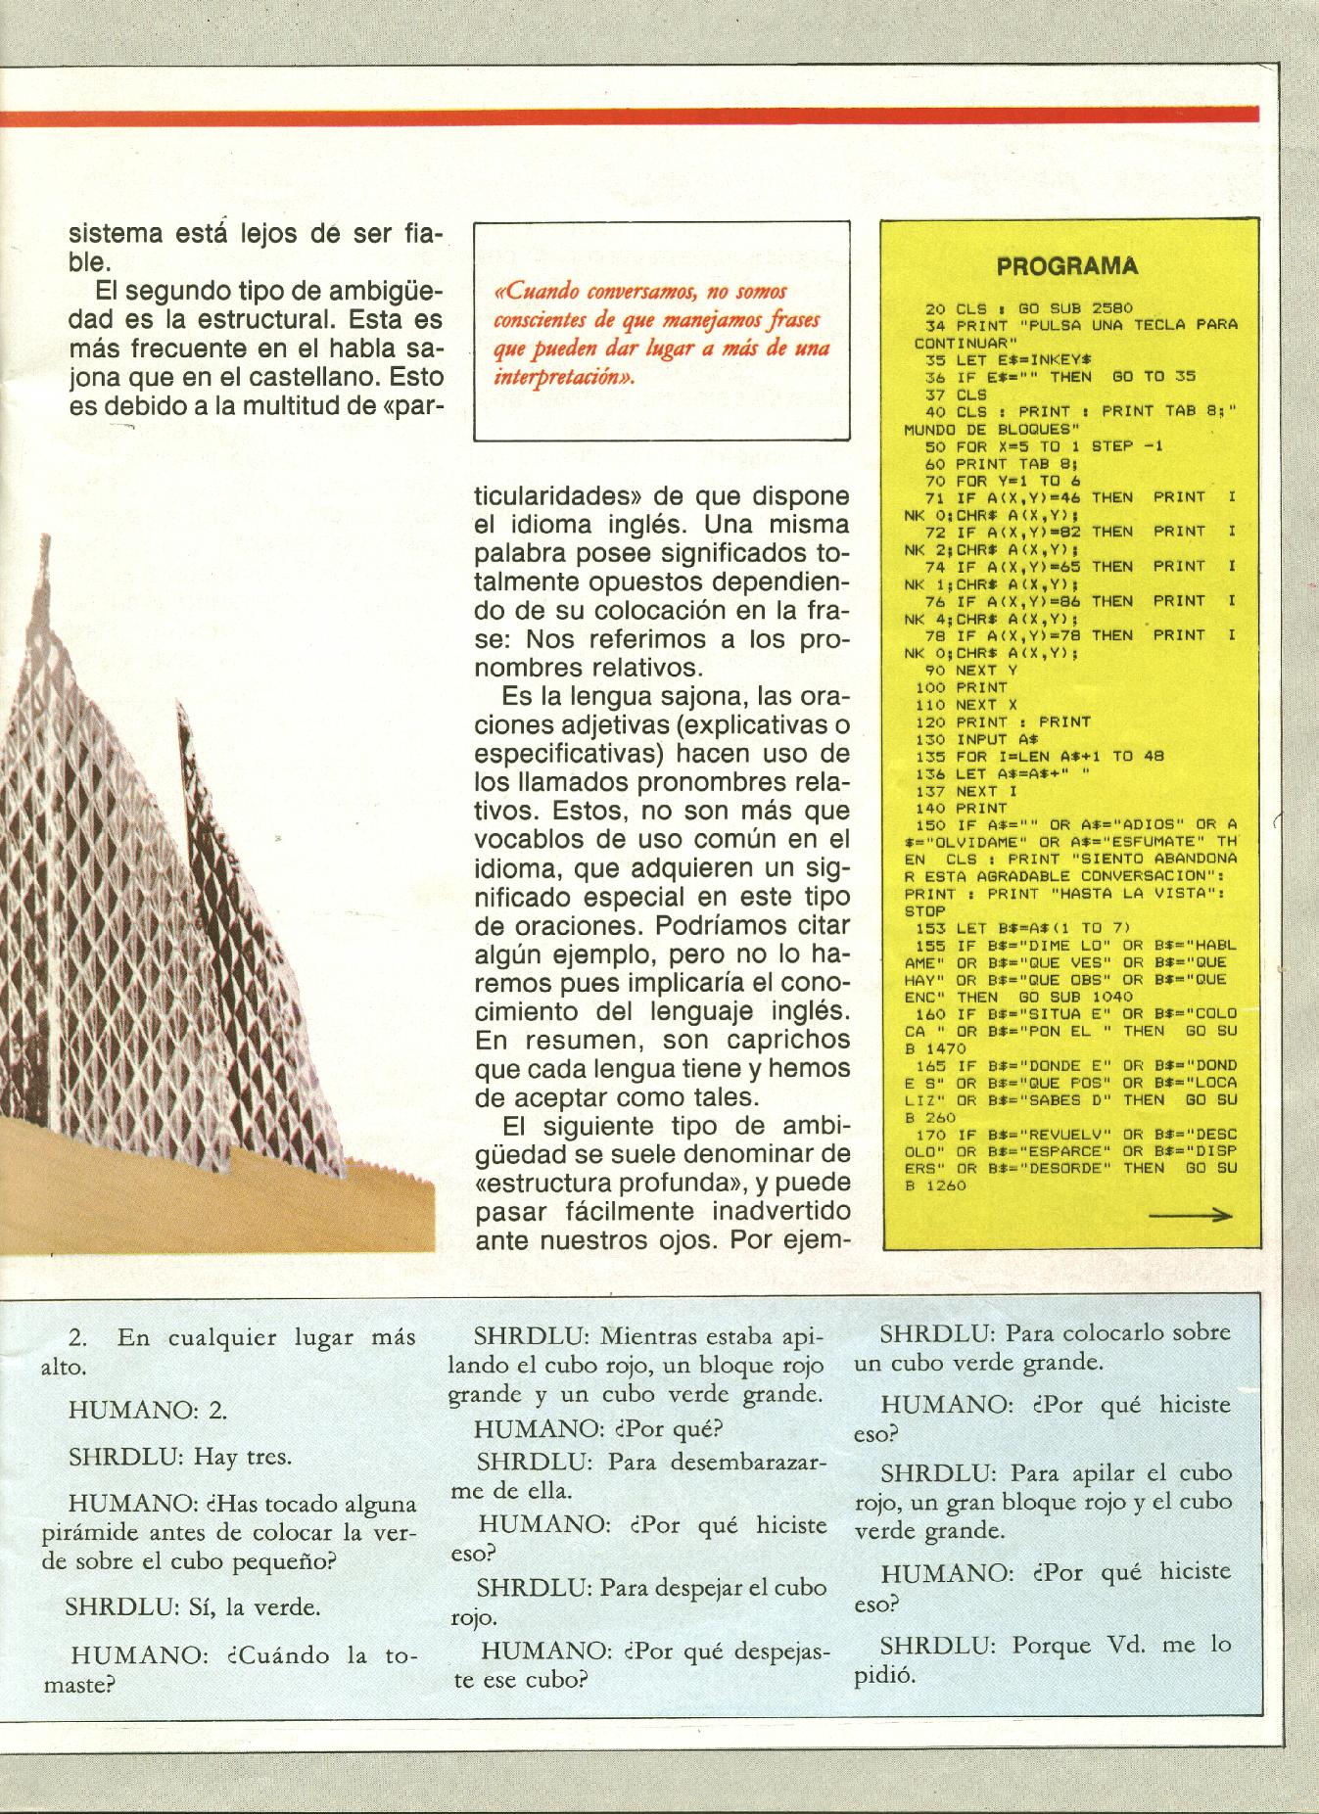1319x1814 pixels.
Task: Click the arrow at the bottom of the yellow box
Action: (1190, 1216)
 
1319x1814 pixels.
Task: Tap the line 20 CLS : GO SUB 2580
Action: (1029, 308)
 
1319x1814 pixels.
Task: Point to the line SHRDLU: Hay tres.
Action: (179, 1456)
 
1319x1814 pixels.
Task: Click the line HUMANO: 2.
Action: (147, 1409)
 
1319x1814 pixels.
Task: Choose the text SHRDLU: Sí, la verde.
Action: (193, 1606)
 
